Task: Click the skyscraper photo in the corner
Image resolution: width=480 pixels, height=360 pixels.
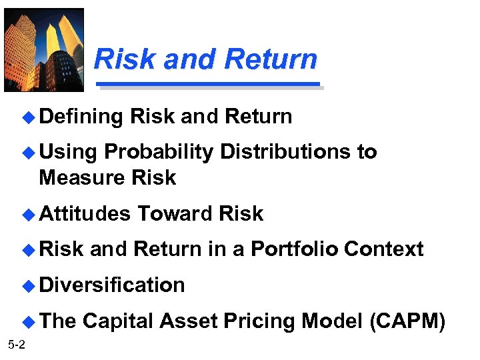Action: click(44, 50)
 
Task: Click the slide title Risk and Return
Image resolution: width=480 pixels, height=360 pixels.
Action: click(205, 59)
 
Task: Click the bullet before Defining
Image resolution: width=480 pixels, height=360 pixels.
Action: click(27, 117)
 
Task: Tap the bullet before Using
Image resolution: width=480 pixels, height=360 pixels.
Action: click(27, 153)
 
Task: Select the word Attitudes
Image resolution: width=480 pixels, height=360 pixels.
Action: click(85, 214)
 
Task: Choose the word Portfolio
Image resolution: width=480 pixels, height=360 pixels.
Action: click(294, 249)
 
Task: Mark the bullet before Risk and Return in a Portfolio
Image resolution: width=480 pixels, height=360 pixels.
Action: click(27, 250)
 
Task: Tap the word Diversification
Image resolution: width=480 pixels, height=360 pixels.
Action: click(112, 285)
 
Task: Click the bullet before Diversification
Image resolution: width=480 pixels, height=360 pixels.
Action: click(27, 286)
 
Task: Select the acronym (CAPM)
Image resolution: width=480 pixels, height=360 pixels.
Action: click(407, 321)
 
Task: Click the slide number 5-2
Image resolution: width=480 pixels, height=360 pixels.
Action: click(17, 344)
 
